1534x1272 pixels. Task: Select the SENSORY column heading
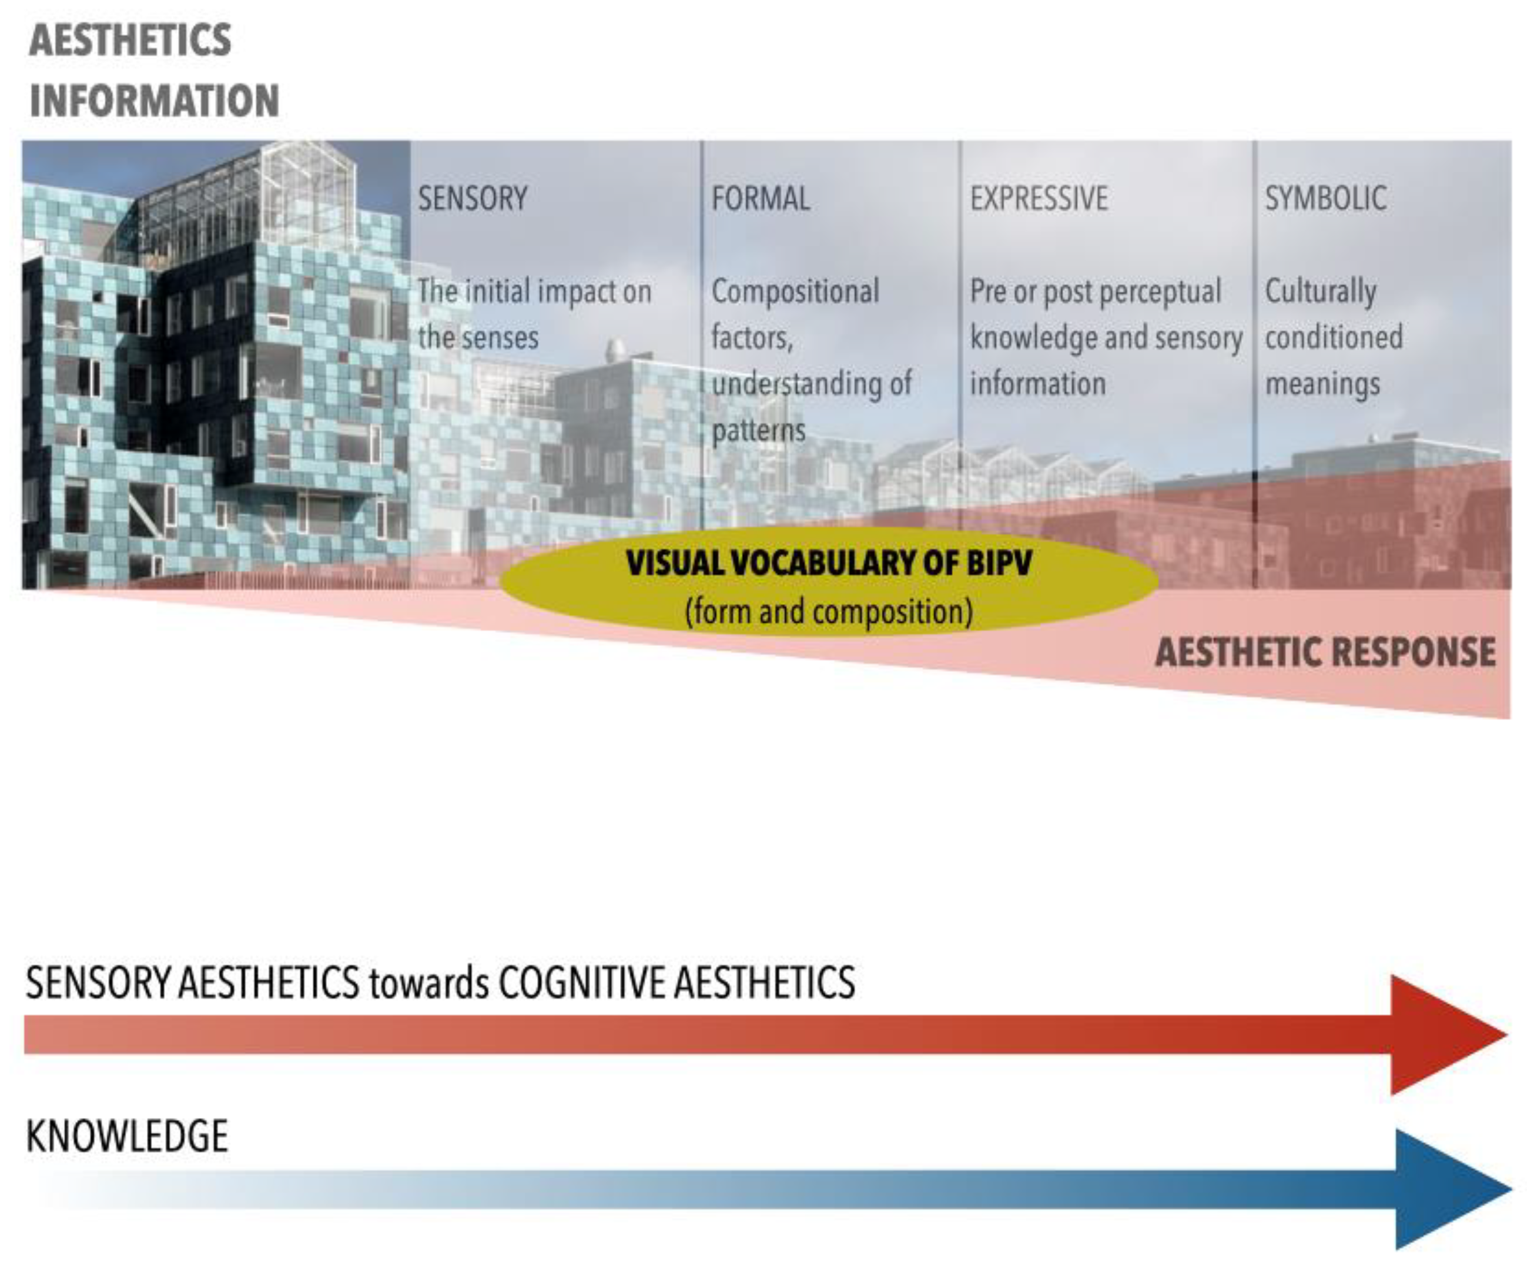(473, 199)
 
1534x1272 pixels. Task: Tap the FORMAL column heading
(761, 199)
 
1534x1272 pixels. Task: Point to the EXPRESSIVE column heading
(1039, 199)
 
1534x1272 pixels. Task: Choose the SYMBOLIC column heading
(1326, 199)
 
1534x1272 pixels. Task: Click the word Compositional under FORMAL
(795, 292)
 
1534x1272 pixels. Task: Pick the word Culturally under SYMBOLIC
(1321, 292)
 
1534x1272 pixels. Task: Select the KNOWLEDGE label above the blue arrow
(127, 1136)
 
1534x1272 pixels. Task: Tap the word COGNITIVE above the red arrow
(582, 982)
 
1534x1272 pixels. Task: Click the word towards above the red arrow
(429, 983)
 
